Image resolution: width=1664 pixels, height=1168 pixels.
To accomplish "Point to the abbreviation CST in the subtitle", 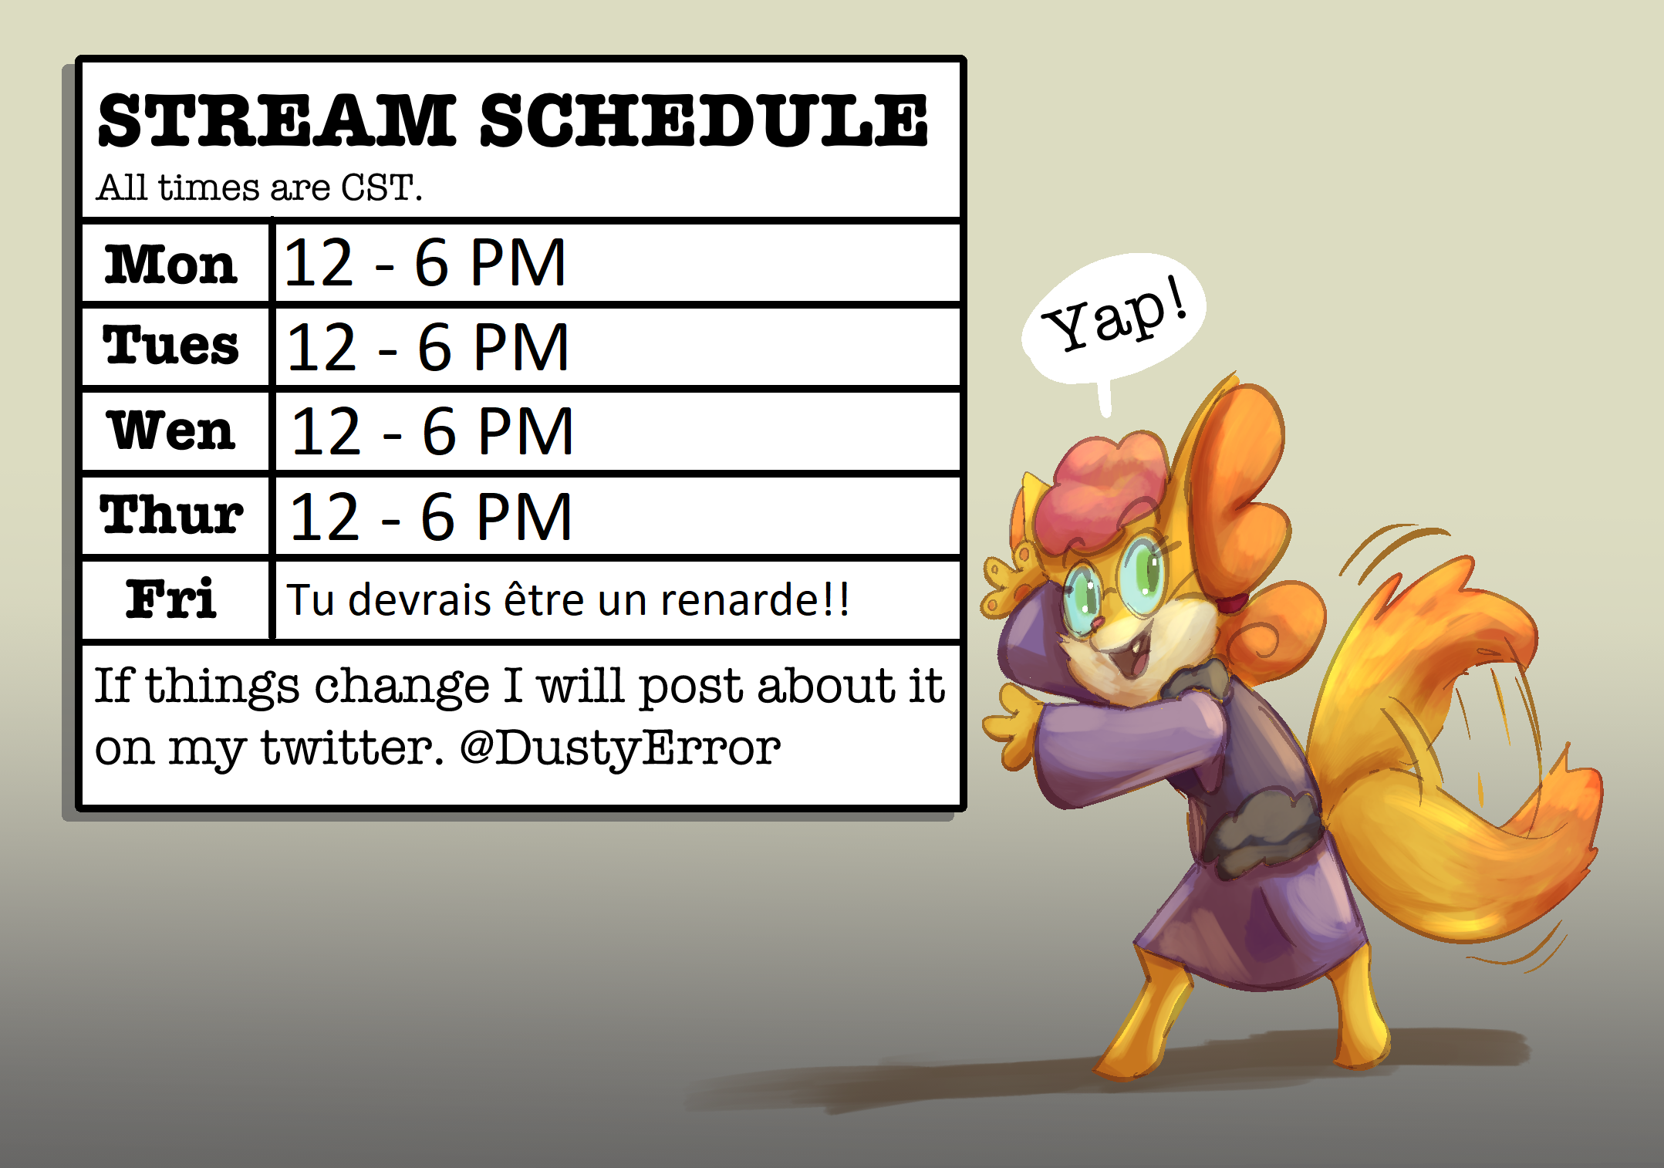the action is pos(377,187).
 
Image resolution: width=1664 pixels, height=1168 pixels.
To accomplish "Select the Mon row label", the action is pos(170,264).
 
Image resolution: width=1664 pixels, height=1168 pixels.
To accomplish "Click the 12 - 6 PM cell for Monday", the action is pos(425,263).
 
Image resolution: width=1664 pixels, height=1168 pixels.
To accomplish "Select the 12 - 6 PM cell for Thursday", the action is pos(430,517).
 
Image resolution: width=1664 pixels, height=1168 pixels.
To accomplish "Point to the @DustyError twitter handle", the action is pos(619,748).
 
